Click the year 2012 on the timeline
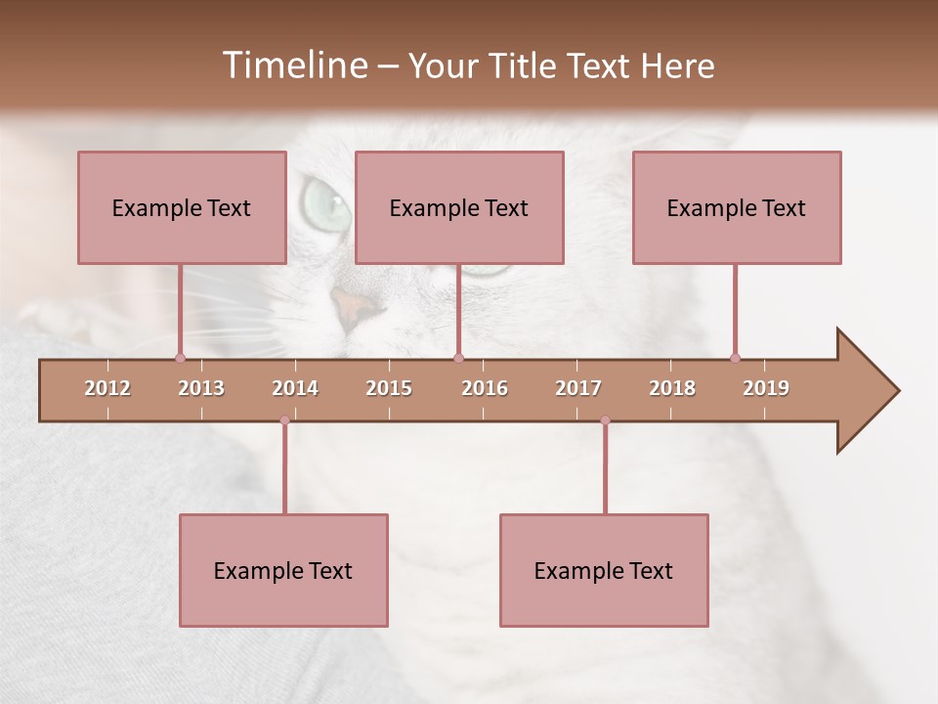point(107,388)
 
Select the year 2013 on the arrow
point(201,388)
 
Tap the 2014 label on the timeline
point(295,388)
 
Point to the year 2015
point(389,388)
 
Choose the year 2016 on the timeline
point(485,388)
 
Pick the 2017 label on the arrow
point(578,388)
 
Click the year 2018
point(672,388)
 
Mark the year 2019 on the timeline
point(766,388)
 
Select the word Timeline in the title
point(294,66)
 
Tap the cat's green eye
point(325,200)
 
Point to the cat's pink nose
point(354,306)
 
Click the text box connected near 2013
point(182,207)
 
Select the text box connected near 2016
point(459,207)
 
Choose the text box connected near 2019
point(737,207)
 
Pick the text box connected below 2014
point(283,570)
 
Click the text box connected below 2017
point(604,570)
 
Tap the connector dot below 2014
point(284,420)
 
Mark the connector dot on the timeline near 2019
point(735,358)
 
